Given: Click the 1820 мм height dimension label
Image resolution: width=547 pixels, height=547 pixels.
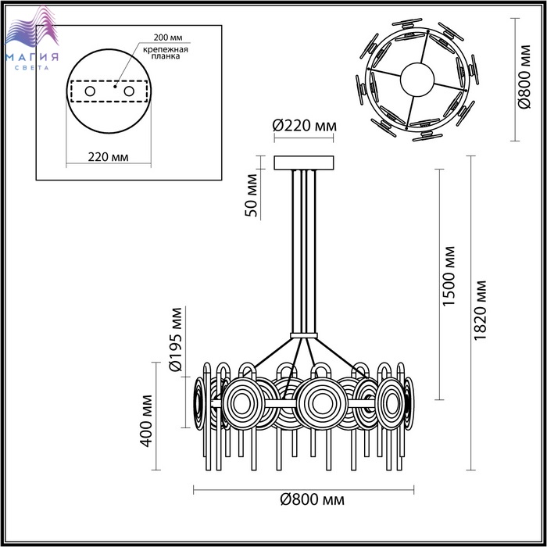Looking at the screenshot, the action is (x=481, y=310).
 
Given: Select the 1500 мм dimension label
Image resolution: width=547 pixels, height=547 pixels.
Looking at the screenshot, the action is (x=449, y=277).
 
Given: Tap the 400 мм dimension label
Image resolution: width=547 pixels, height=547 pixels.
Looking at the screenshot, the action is (x=146, y=420).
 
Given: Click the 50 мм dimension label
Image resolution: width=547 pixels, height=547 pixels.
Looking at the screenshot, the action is (x=251, y=195).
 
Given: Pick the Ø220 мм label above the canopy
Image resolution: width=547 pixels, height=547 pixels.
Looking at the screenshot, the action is (x=304, y=126).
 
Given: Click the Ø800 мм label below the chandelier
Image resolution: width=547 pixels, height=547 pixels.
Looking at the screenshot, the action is (x=313, y=500).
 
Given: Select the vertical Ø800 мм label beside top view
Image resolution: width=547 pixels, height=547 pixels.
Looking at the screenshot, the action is (x=524, y=77).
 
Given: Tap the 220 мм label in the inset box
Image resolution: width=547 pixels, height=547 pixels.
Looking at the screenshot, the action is (x=108, y=157).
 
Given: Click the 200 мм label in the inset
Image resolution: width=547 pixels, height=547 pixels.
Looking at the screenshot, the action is (x=168, y=38).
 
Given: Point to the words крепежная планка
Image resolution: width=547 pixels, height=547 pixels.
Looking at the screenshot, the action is (x=166, y=52).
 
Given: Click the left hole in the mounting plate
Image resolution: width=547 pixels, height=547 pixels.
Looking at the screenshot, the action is (x=90, y=91).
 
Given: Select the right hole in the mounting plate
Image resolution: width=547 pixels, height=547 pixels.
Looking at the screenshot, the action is (x=129, y=91).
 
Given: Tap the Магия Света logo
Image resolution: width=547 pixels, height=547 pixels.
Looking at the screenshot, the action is (x=32, y=38).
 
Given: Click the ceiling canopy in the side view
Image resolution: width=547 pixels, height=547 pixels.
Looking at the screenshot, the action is (x=304, y=163).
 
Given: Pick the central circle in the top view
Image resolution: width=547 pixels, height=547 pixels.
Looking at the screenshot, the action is (x=417, y=79).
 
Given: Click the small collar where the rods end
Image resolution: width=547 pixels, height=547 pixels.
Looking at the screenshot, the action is (x=304, y=335).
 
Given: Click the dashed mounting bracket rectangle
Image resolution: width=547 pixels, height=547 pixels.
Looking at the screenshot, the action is (x=109, y=91).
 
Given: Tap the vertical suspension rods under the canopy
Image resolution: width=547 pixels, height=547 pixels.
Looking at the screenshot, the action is (x=304, y=251).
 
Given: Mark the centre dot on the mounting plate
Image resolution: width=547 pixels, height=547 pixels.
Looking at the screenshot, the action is (x=115, y=86).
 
